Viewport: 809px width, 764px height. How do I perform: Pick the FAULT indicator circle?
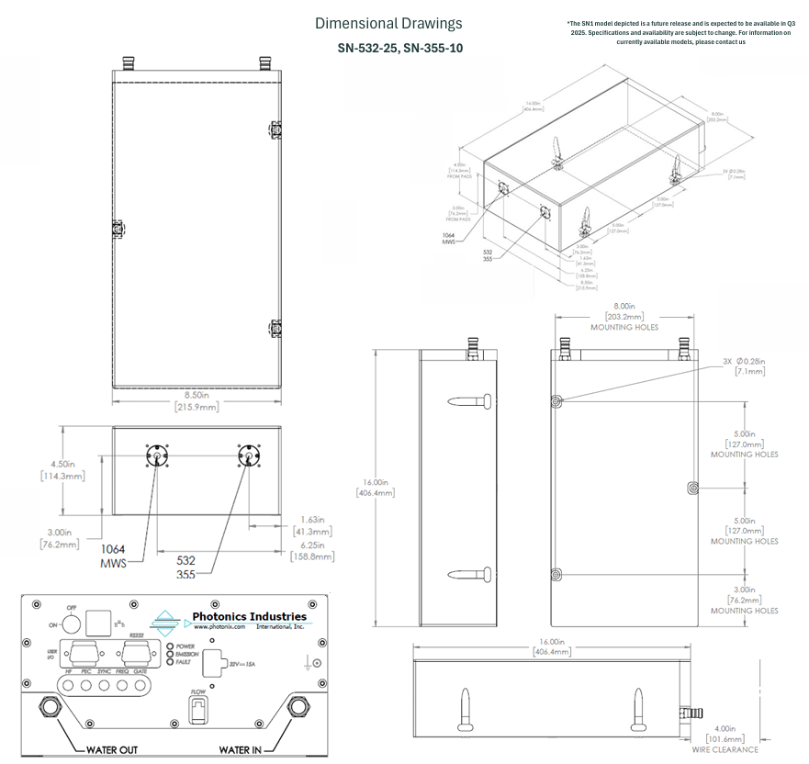170,661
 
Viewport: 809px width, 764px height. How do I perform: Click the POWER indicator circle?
170,645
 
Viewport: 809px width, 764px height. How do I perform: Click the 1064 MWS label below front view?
114,556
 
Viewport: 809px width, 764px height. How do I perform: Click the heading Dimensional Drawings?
388,24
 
